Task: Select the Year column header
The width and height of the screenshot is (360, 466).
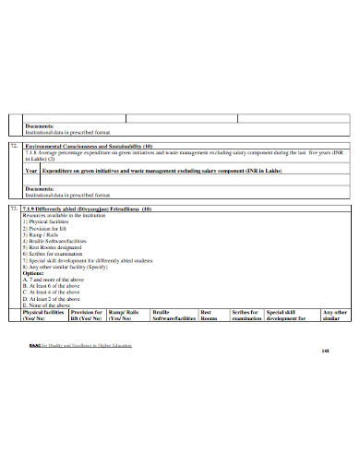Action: point(31,171)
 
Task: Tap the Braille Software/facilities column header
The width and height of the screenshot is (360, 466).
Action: point(174,315)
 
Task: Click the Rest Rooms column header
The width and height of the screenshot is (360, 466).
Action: point(210,315)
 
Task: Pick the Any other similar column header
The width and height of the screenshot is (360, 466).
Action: point(332,315)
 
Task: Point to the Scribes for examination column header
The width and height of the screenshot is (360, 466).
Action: point(246,315)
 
